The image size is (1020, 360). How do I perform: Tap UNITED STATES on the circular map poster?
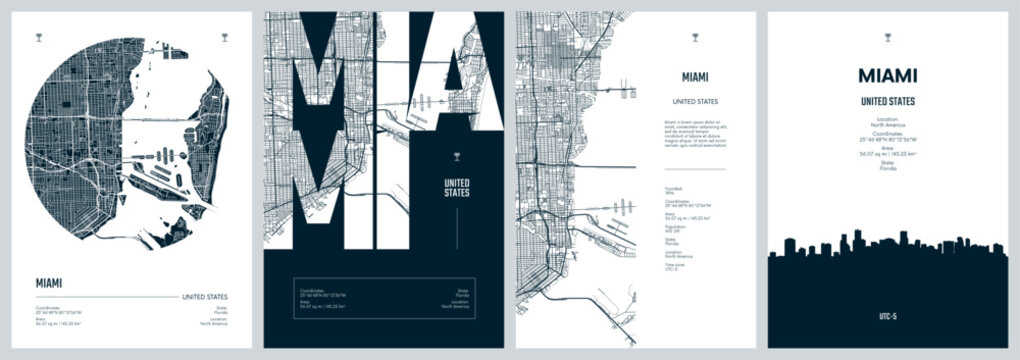(x=204, y=297)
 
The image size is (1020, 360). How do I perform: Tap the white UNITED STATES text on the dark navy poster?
(x=455, y=187)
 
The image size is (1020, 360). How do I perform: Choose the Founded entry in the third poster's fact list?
(x=671, y=190)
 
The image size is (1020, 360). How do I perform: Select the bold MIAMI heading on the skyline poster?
(x=887, y=75)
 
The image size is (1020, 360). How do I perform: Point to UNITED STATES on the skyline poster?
(x=887, y=101)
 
